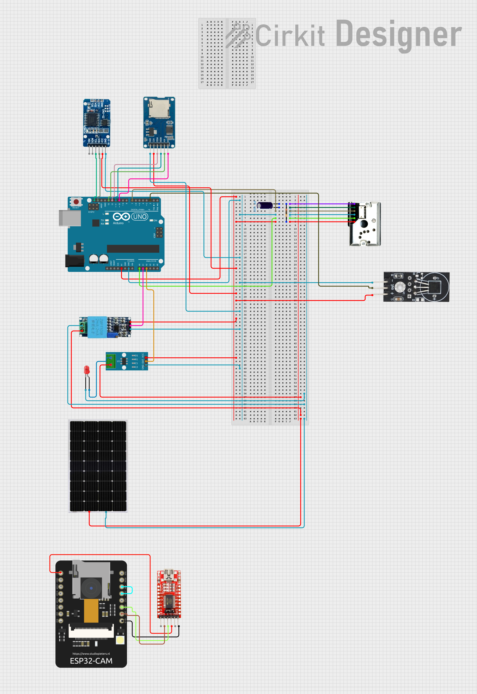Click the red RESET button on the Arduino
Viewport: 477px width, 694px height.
(76, 202)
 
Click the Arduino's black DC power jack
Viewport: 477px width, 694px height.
(74, 261)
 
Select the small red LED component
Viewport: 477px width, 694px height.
(87, 370)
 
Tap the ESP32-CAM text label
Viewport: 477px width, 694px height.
(91, 661)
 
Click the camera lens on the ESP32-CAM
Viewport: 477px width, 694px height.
(91, 588)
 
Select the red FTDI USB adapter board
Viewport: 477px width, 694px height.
(169, 594)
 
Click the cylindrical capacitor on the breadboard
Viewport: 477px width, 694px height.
(265, 205)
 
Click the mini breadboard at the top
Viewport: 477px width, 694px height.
(227, 53)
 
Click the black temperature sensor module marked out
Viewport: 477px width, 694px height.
(416, 287)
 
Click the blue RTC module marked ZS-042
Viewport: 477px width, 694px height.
(97, 123)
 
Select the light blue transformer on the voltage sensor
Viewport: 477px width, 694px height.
(97, 327)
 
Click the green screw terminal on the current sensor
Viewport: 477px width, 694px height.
(111, 361)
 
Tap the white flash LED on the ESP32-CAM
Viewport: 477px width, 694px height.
(120, 640)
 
